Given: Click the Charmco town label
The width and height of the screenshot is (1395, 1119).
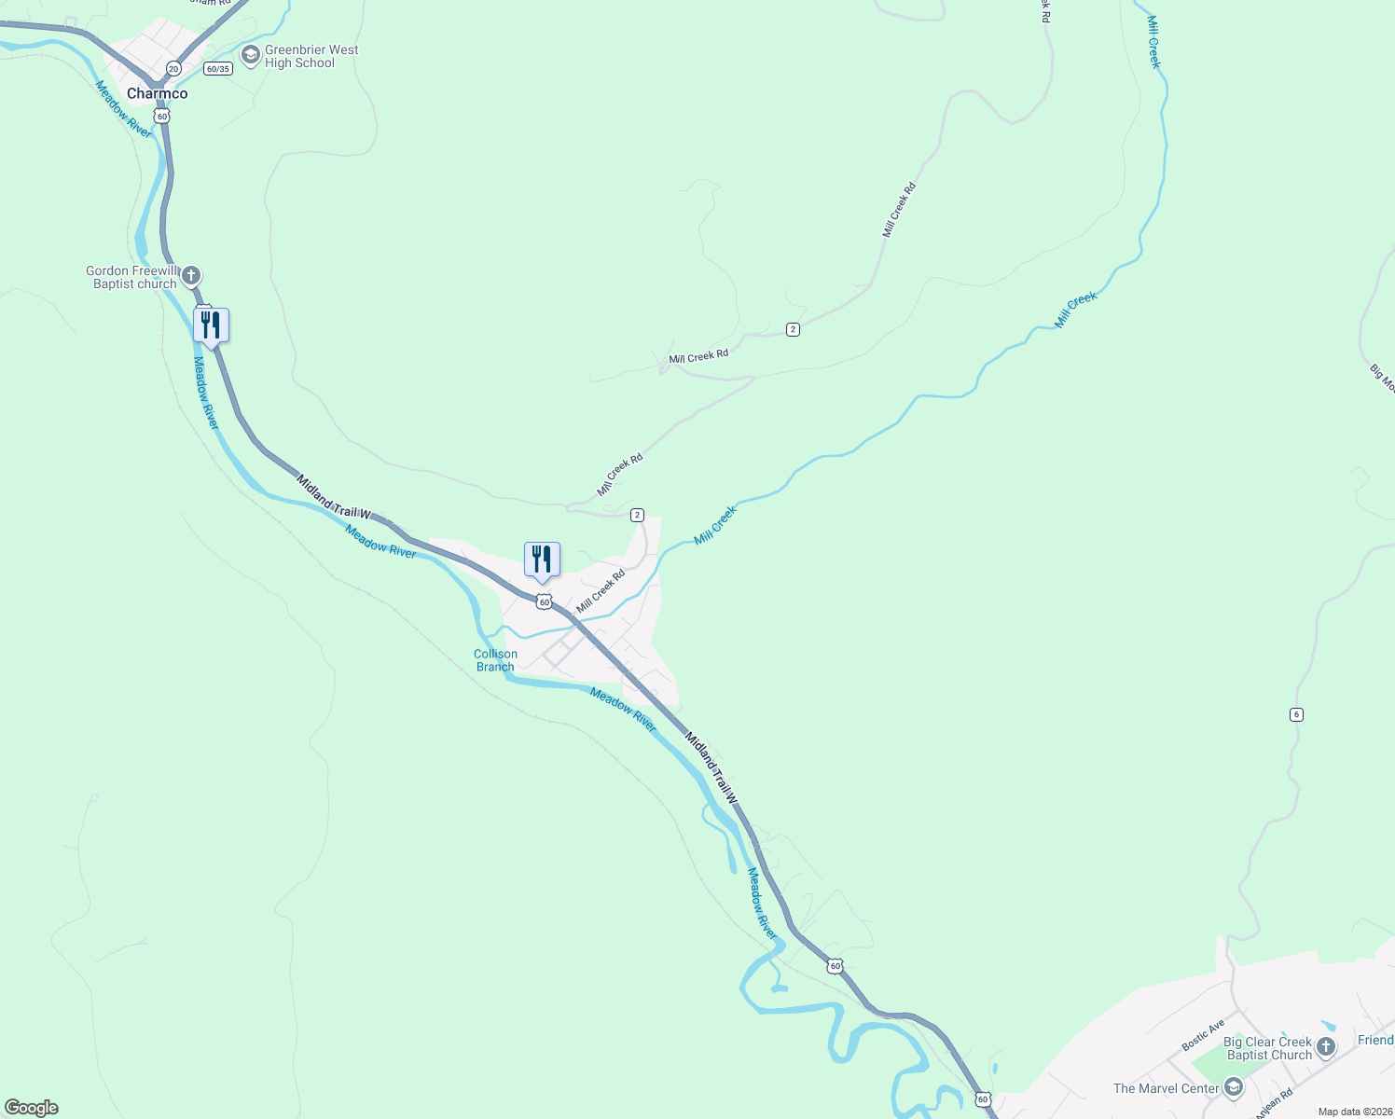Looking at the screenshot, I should coord(157,93).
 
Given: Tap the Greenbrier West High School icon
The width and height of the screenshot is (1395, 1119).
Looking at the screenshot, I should coord(250,56).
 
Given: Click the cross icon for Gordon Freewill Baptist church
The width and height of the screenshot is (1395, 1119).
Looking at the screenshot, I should coord(191,276).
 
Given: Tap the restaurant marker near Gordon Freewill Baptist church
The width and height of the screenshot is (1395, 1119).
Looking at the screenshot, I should coord(211,325).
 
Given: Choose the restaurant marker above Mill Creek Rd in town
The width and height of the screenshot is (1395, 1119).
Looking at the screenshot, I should coord(542,559).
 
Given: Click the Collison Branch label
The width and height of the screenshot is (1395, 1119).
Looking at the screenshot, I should coord(495,660).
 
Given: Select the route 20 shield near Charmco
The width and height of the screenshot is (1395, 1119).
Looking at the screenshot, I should coord(173,69).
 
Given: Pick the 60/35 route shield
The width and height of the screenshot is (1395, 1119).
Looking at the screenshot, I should coord(217,69).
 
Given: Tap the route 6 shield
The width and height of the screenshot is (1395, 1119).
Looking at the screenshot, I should coord(1296,714).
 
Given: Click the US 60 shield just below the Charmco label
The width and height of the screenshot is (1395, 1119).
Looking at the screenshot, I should coord(162,117).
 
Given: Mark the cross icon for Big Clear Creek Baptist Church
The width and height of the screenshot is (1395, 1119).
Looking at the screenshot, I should coord(1326,1047).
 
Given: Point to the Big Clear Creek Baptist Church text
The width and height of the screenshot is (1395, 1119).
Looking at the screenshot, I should coord(1268,1048).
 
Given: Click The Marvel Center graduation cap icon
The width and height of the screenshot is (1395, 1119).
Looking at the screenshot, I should coord(1234,1087).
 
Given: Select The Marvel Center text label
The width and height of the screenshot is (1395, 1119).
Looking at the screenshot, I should coord(1166,1088).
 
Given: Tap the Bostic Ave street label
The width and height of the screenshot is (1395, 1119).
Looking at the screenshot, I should coord(1203,1036).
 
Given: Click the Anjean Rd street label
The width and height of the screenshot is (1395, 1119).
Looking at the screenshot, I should coord(1273,1103).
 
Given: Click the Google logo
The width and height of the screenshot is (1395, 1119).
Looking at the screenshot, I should coord(32,1108).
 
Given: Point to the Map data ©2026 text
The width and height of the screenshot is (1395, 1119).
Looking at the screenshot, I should coord(1355,1112).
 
